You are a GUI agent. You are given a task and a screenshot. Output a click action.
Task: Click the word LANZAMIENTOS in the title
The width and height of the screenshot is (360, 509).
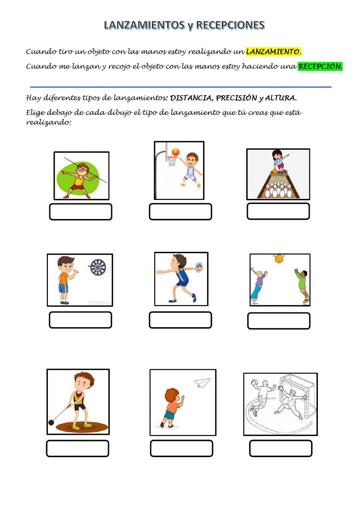click(144, 25)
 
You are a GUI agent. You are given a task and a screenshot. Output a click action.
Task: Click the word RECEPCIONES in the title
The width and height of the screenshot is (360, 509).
click(230, 25)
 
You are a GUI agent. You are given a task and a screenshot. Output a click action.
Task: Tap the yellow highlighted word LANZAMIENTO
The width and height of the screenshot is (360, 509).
click(274, 52)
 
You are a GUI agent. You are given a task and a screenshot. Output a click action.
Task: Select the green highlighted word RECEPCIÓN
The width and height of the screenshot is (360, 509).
click(320, 67)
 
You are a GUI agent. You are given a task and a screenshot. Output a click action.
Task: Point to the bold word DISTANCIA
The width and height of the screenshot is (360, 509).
click(190, 98)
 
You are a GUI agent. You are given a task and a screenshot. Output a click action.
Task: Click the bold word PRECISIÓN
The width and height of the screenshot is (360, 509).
click(236, 98)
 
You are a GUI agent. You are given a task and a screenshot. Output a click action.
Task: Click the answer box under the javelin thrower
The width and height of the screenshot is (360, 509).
click(81, 212)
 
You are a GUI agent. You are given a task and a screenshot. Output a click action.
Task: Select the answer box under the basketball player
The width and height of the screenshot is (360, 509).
click(180, 212)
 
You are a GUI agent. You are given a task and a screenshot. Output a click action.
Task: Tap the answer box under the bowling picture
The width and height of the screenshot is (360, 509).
click(278, 211)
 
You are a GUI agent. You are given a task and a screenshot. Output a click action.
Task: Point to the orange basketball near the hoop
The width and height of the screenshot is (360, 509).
click(175, 152)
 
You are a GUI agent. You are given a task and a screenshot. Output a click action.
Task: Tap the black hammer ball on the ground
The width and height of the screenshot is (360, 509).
click(51, 422)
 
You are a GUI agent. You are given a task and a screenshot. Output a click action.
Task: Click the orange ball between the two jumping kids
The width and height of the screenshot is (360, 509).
click(279, 259)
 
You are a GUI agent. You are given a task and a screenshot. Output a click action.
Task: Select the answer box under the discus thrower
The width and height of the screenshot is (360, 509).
click(180, 320)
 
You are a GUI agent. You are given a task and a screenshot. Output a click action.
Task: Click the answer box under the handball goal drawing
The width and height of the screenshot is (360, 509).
click(281, 448)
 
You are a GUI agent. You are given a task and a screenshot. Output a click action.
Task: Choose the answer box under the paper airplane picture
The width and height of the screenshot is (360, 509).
click(181, 448)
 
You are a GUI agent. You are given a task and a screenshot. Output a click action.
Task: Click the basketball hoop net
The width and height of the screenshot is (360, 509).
click(172, 161)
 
